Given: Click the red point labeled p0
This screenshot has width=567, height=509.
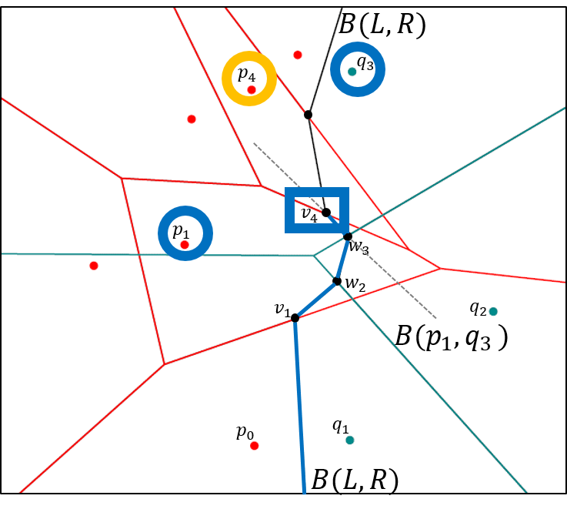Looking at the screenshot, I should (x=254, y=446).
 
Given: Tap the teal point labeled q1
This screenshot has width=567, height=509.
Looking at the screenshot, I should (x=349, y=440).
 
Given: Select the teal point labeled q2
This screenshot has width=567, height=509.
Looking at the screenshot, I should (x=493, y=311).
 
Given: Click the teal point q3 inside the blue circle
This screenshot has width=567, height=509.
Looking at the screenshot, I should (x=352, y=72).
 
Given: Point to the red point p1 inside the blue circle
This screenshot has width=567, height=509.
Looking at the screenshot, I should (x=185, y=245).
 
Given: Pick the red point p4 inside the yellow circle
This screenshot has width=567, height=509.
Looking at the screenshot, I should (x=251, y=90).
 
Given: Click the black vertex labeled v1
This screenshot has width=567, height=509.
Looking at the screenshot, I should (x=295, y=317).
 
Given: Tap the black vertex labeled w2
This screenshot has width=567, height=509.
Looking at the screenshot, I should (x=337, y=281).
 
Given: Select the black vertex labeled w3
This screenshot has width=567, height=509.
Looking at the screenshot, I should (x=348, y=236).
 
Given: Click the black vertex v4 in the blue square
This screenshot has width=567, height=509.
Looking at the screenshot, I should (x=326, y=213).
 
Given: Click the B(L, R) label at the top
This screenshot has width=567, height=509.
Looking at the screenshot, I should (x=382, y=24).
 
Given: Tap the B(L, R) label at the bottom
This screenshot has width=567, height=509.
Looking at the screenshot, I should (x=355, y=481).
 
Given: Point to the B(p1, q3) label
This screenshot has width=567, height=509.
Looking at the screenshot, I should (x=451, y=337).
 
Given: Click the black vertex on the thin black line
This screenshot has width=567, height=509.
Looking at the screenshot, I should (x=308, y=115).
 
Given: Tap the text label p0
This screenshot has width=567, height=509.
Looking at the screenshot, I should (x=245, y=432).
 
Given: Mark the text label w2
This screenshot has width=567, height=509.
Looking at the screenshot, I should (x=355, y=283).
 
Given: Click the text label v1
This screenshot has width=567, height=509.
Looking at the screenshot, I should (x=282, y=310).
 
